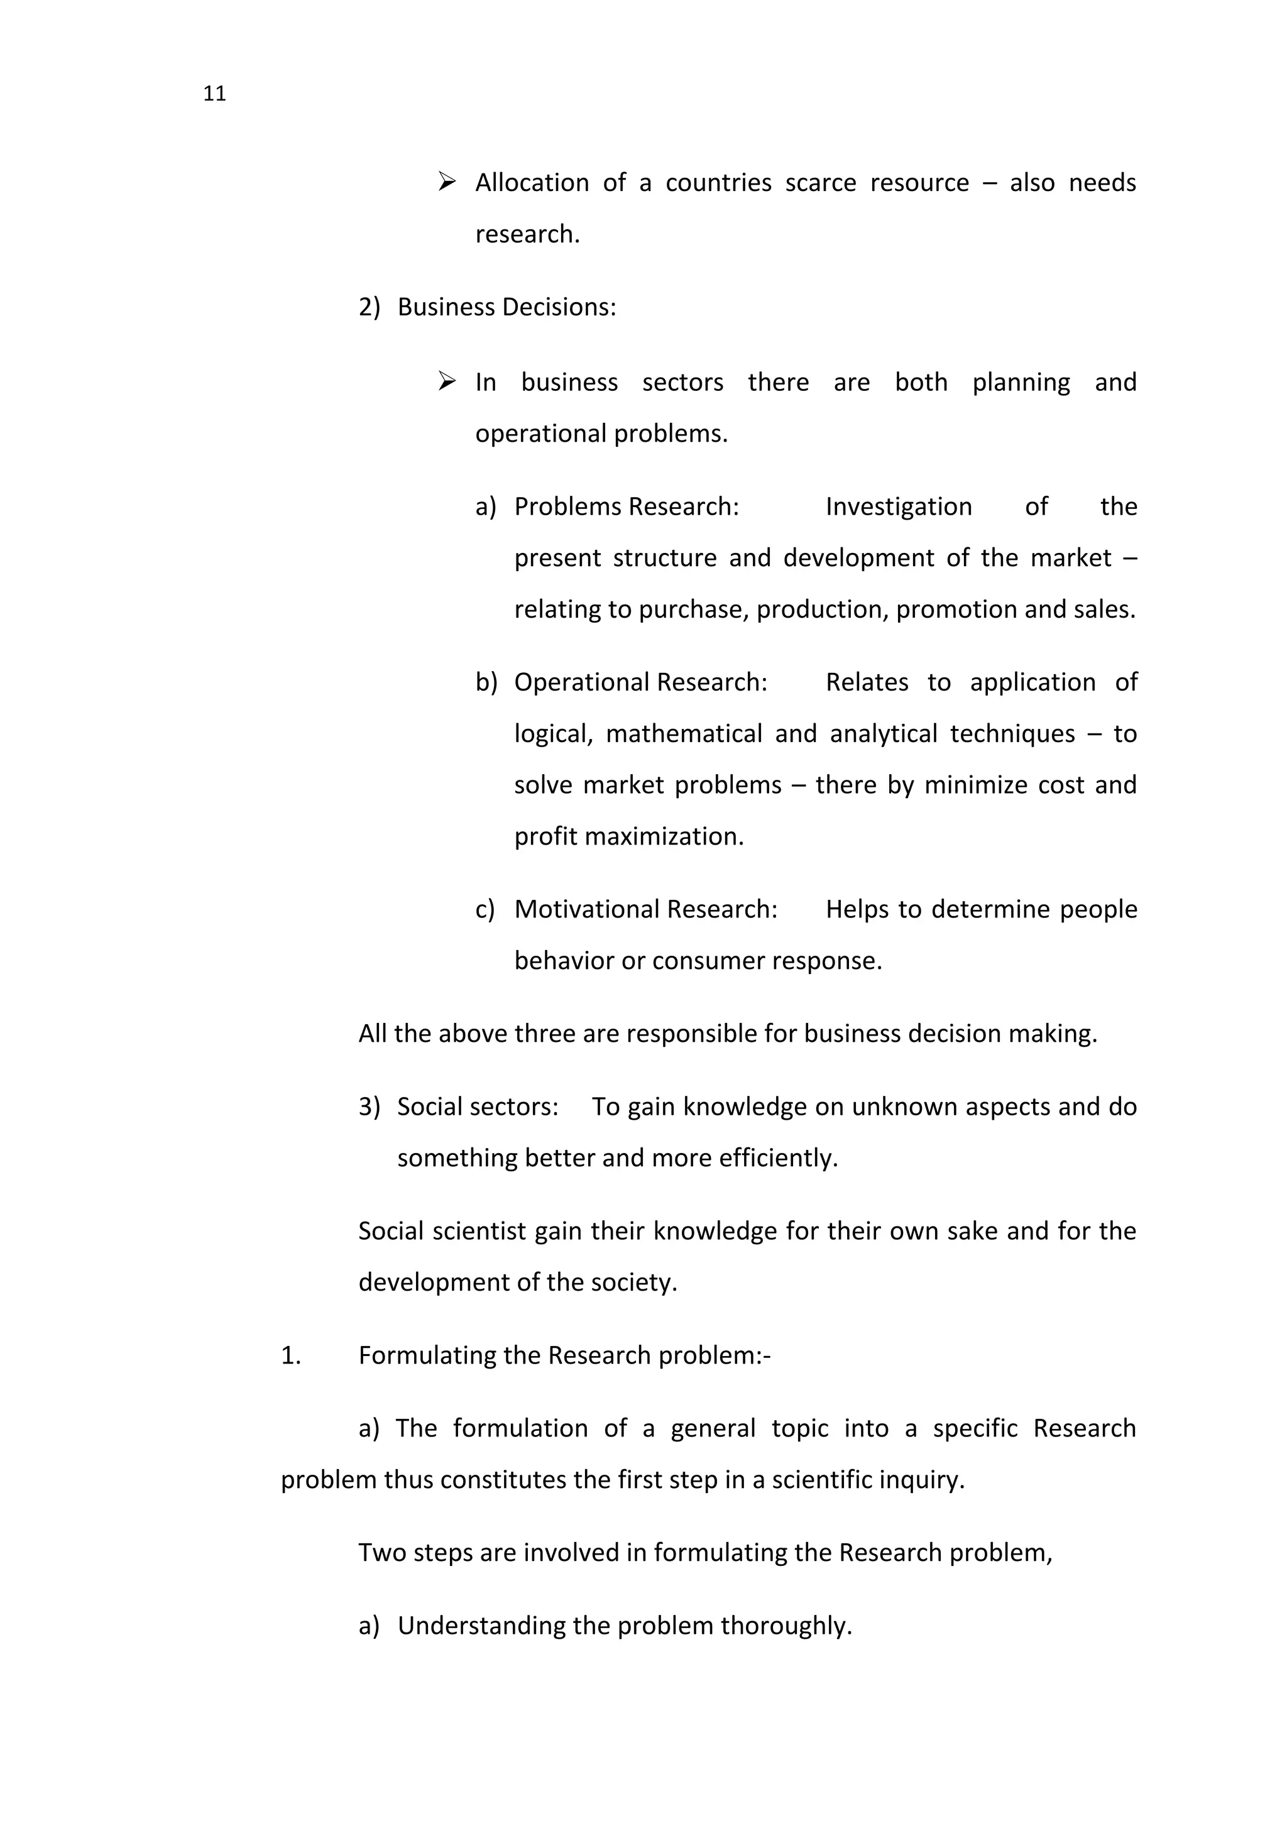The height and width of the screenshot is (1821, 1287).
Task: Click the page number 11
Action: click(214, 94)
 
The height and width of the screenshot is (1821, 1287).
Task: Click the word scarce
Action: click(820, 183)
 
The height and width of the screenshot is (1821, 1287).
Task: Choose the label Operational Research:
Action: click(640, 682)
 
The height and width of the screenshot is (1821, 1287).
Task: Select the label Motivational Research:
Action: click(645, 909)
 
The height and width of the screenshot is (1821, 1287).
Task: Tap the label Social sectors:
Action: click(478, 1107)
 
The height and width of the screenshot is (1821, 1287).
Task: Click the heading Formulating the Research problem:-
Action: click(564, 1355)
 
